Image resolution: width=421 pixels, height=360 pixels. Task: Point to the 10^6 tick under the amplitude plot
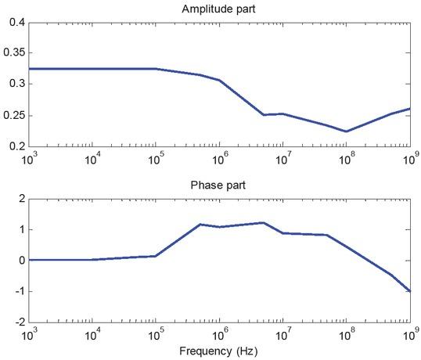click(x=220, y=159)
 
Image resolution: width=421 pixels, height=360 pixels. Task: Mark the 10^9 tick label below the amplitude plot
click(x=408, y=159)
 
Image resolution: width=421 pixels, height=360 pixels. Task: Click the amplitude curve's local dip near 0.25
click(x=264, y=115)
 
